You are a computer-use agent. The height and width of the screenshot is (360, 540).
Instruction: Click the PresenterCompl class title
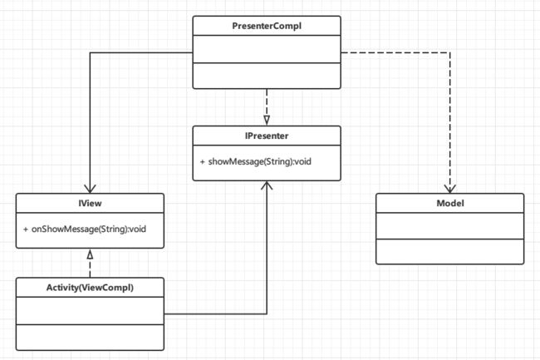click(x=267, y=26)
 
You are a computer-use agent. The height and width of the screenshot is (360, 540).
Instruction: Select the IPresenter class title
click(x=267, y=136)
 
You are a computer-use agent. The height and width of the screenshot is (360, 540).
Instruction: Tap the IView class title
click(x=90, y=203)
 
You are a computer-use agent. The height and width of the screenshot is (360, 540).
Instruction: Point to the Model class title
click(x=450, y=203)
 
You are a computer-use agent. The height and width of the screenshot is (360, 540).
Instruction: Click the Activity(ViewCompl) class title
click(x=90, y=288)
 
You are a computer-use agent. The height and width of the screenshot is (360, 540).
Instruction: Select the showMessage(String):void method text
click(x=260, y=161)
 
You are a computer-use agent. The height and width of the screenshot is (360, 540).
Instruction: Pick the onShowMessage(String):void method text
click(x=89, y=229)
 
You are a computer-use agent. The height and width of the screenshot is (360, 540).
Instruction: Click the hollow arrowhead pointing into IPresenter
click(x=267, y=120)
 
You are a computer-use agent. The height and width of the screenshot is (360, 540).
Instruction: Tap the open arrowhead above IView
click(x=90, y=189)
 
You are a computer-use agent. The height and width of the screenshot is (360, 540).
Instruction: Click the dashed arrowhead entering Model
click(x=449, y=189)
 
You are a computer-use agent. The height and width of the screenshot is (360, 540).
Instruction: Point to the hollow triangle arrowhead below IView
click(x=90, y=254)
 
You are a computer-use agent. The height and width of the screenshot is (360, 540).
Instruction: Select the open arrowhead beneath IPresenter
click(x=267, y=185)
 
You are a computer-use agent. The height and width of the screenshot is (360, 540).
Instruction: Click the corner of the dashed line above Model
click(x=449, y=52)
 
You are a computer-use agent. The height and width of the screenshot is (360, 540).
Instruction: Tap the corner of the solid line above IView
click(x=90, y=52)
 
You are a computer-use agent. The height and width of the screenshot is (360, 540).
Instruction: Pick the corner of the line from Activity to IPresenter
click(x=267, y=313)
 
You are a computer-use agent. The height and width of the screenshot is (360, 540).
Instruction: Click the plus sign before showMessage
click(x=202, y=161)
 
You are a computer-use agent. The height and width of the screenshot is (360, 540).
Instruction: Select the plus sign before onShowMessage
click(x=26, y=229)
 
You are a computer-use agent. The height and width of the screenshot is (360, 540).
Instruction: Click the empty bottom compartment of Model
click(x=449, y=251)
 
